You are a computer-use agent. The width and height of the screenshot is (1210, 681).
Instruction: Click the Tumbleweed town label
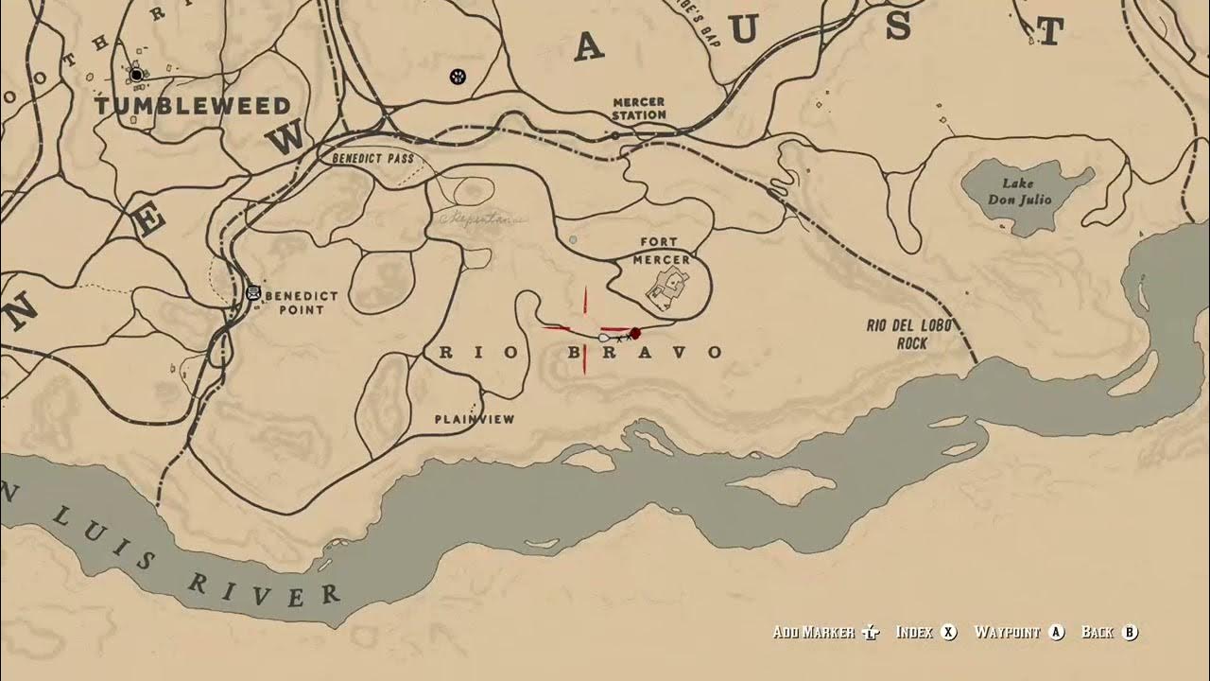[x=192, y=106]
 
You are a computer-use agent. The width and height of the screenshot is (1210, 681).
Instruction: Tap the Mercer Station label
[x=639, y=108]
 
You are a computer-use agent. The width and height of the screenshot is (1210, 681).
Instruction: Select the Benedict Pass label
[x=373, y=159]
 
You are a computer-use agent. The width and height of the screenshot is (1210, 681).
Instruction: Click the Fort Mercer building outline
[x=668, y=285]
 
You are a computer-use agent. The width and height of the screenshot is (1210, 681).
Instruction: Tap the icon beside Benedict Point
[x=252, y=293]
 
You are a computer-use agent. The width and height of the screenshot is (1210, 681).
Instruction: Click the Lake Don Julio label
[x=1020, y=192]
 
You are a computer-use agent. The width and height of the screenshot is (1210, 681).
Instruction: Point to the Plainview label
[x=475, y=419]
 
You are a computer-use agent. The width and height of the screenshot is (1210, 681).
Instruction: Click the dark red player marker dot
[x=635, y=333]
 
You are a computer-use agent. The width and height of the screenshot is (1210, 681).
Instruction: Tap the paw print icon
[x=458, y=76]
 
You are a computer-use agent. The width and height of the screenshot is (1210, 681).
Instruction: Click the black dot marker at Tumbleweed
[x=136, y=74]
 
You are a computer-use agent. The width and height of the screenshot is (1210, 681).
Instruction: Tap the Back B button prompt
[x=1110, y=632]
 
